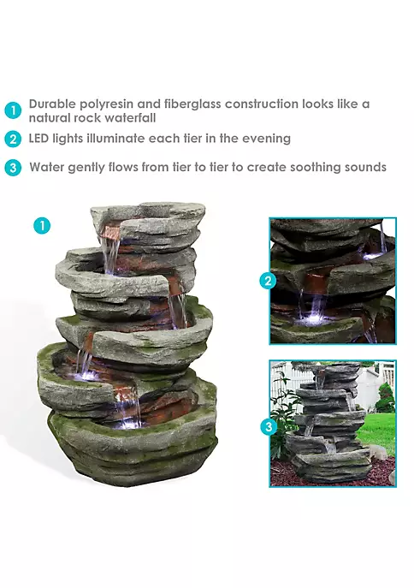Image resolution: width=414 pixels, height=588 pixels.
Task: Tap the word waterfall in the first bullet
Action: pos(130,118)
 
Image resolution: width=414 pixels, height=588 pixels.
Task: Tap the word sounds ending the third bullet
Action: pos(365,167)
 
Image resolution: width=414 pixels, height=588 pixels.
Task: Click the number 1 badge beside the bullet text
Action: pos(13,110)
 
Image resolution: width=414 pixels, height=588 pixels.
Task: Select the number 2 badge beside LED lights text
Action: pos(13,139)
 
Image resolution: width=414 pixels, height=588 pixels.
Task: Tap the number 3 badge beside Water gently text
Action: pos(13,167)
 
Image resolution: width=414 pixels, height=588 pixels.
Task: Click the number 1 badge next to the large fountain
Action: pos(42,226)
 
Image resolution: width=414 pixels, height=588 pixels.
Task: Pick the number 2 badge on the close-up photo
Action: pos(268,281)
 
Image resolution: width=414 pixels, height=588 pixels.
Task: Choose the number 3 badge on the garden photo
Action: pos(269,427)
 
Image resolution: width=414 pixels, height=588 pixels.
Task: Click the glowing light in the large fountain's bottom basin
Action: pos(128,424)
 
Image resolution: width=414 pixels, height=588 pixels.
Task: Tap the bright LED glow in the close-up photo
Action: pos(311,319)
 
